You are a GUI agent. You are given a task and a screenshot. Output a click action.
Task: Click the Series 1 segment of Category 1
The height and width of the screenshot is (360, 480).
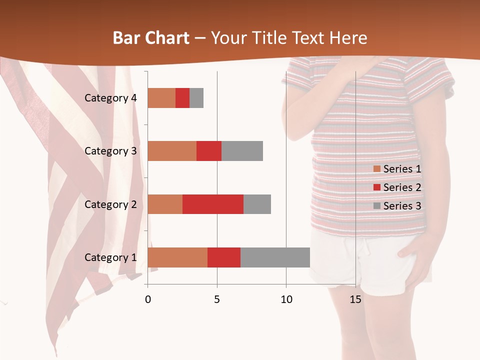tap(177, 257)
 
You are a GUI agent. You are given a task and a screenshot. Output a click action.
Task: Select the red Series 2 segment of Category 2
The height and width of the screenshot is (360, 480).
tap(213, 204)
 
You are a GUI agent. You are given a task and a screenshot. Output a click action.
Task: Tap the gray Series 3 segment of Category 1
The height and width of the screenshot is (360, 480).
tap(275, 257)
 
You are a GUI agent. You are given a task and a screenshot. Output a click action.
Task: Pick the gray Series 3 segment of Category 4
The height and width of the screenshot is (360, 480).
tap(196, 97)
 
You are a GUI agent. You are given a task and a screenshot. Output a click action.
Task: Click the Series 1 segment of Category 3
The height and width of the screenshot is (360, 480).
tap(171, 150)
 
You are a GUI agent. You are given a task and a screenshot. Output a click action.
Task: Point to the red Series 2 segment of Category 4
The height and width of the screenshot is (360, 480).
tap(182, 97)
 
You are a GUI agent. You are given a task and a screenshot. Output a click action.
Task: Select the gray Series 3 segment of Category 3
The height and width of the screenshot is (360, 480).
tap(242, 150)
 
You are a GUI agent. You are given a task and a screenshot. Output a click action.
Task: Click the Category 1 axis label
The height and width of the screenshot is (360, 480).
tap(110, 257)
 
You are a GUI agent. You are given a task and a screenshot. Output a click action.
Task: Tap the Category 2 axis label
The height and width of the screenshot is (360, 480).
tap(110, 204)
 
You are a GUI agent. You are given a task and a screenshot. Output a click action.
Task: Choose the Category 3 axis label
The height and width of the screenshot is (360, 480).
tap(110, 151)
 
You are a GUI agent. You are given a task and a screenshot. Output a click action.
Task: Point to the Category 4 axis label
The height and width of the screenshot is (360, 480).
tap(110, 98)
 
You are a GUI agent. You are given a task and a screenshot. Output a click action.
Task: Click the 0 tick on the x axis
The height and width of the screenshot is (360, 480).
tap(147, 299)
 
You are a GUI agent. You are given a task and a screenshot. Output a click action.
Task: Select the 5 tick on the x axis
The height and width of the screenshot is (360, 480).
tap(217, 299)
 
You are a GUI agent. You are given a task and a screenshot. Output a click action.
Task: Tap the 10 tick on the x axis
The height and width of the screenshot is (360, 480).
tap(286, 299)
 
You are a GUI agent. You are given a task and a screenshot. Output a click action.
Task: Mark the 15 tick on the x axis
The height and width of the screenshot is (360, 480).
tap(355, 299)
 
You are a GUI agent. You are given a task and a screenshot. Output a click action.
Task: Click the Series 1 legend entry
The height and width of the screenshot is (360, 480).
tap(397, 169)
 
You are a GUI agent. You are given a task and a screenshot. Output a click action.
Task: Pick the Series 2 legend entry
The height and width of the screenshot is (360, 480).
tap(397, 187)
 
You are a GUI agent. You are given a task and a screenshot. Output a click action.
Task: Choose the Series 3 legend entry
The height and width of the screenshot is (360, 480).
tap(397, 206)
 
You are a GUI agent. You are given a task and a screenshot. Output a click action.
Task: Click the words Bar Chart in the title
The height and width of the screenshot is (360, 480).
tap(151, 38)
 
